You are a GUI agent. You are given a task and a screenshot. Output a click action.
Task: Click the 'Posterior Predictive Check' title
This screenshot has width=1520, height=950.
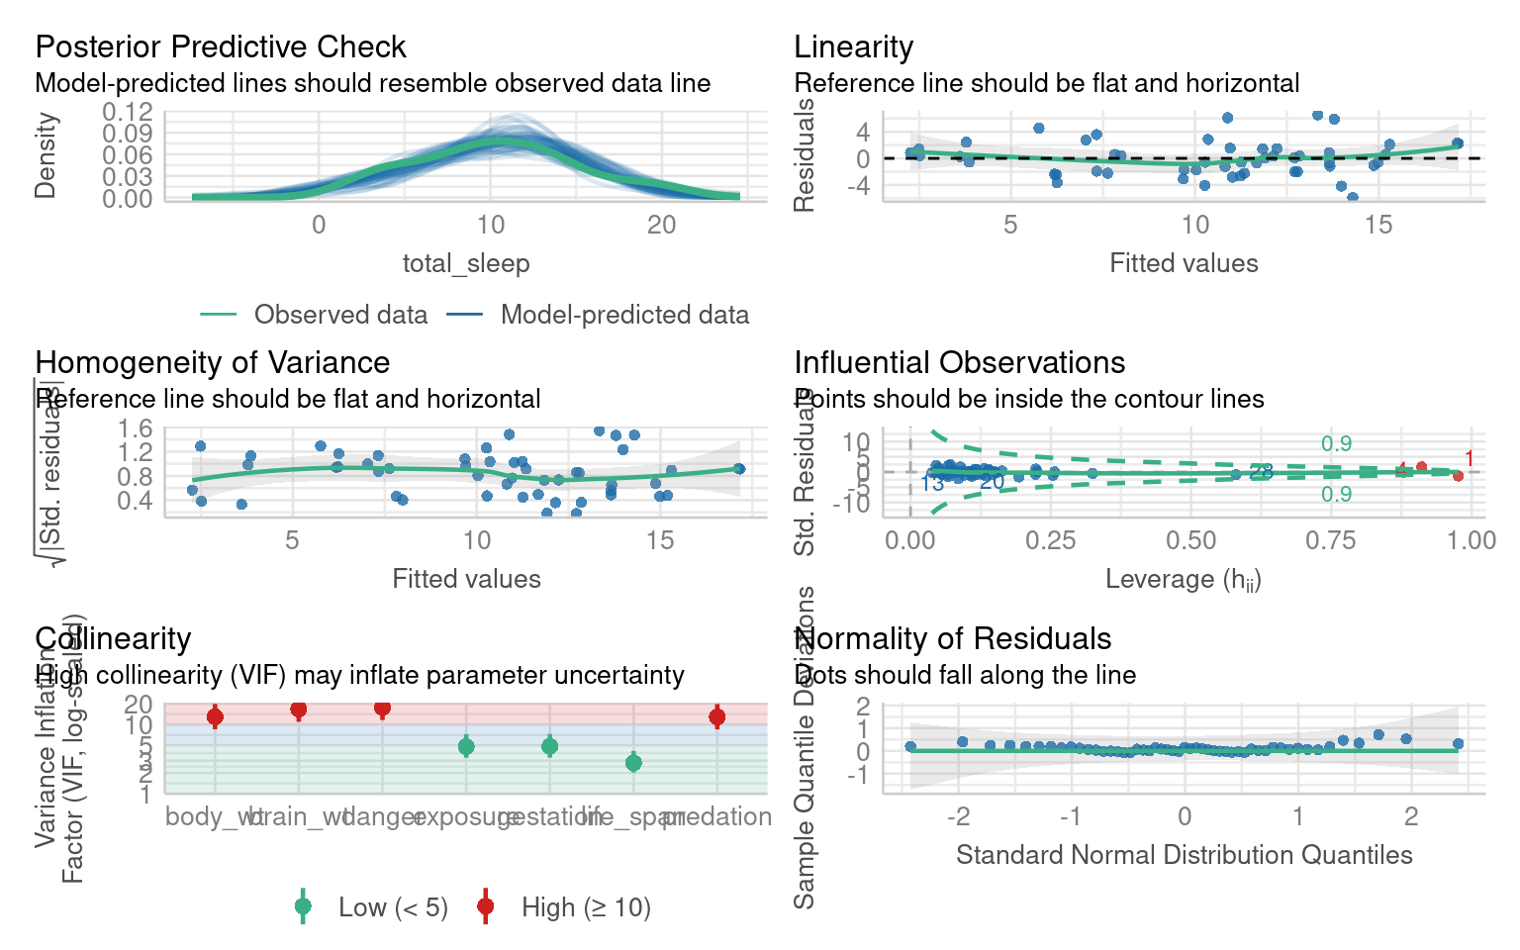click(x=220, y=47)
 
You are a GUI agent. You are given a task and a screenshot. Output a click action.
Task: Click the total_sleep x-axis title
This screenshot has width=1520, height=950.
click(x=465, y=263)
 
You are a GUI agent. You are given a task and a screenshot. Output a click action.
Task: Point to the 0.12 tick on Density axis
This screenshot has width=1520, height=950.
click(x=128, y=111)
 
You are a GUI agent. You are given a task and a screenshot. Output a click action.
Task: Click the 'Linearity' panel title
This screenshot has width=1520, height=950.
click(x=853, y=47)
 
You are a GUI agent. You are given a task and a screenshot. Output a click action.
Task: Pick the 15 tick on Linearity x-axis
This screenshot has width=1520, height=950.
click(x=1377, y=226)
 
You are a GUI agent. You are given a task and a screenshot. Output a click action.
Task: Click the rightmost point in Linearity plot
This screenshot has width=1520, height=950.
click(x=1457, y=143)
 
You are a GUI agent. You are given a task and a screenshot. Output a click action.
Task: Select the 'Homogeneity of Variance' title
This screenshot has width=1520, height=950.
click(x=212, y=363)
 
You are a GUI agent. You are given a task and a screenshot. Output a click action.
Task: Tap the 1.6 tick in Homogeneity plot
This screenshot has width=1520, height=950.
click(x=135, y=428)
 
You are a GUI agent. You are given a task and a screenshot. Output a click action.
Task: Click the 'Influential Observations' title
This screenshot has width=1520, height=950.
click(x=959, y=363)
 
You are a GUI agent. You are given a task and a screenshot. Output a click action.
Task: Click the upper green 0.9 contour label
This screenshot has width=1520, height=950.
click(x=1336, y=444)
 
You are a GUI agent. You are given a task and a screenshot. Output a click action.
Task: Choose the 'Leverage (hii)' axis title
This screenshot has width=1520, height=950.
click(x=1183, y=580)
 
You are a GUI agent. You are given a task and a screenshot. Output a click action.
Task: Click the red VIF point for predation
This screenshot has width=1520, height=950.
click(x=717, y=716)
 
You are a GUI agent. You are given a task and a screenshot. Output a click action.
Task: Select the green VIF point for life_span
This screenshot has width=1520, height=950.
click(x=633, y=762)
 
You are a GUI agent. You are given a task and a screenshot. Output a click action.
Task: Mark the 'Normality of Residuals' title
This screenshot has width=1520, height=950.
click(x=952, y=639)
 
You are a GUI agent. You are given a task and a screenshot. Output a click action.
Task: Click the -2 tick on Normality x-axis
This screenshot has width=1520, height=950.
click(x=957, y=817)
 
